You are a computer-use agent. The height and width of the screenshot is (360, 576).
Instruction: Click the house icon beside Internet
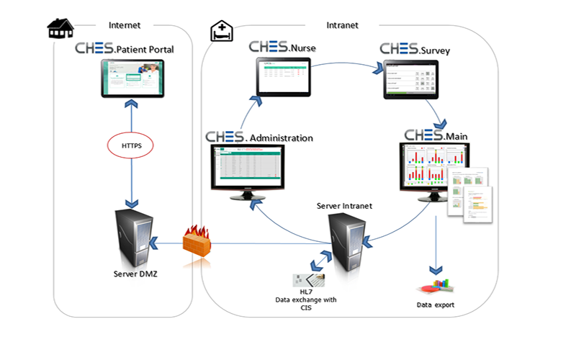[60, 28]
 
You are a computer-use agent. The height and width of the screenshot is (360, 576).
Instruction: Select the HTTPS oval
[132, 145]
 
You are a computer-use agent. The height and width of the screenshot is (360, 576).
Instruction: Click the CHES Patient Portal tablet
[132, 78]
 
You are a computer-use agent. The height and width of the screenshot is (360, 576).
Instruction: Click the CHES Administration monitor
[247, 170]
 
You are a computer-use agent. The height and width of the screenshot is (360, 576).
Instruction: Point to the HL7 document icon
[307, 280]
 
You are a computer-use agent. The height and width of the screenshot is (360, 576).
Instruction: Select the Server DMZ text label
[135, 274]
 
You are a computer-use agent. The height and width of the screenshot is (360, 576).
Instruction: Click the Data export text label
[436, 305]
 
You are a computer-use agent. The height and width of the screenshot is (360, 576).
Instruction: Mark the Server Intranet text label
[344, 206]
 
